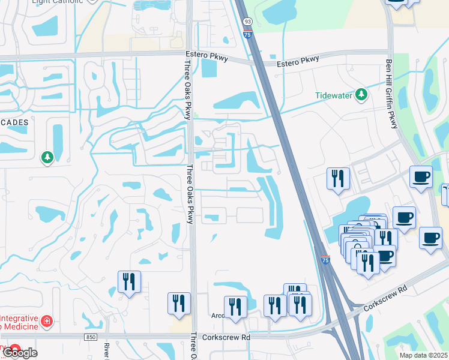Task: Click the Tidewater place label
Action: click(333, 95)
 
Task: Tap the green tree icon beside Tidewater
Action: click(361, 94)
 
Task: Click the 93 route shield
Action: click(247, 22)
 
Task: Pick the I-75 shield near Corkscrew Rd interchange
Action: click(325, 260)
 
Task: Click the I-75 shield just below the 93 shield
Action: click(247, 35)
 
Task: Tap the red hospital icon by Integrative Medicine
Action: click(46, 322)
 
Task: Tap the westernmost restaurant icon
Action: click(129, 281)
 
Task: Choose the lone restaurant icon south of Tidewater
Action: click(338, 178)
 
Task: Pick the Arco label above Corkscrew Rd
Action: click(218, 315)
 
